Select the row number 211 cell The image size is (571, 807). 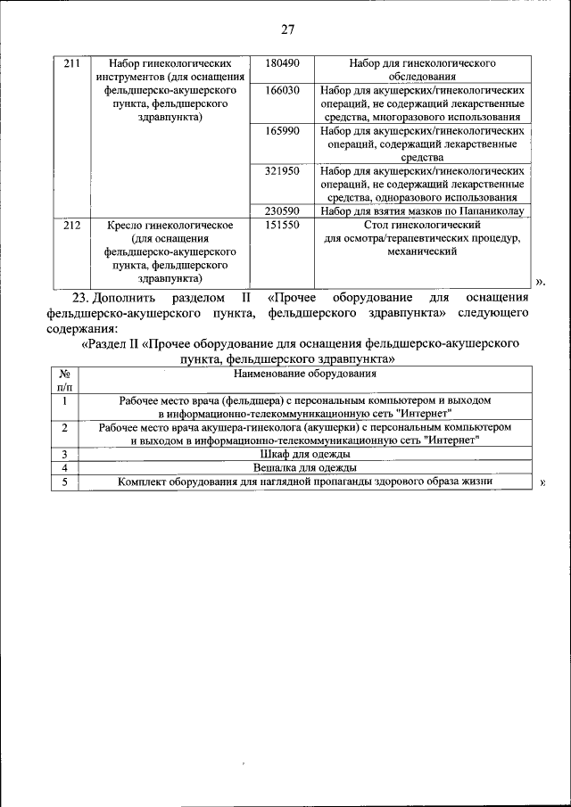(72, 64)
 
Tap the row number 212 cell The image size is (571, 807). (72, 226)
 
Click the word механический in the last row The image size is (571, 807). (422, 252)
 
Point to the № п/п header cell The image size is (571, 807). (65, 381)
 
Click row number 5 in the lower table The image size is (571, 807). (65, 482)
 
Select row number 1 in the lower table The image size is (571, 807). (65, 400)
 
